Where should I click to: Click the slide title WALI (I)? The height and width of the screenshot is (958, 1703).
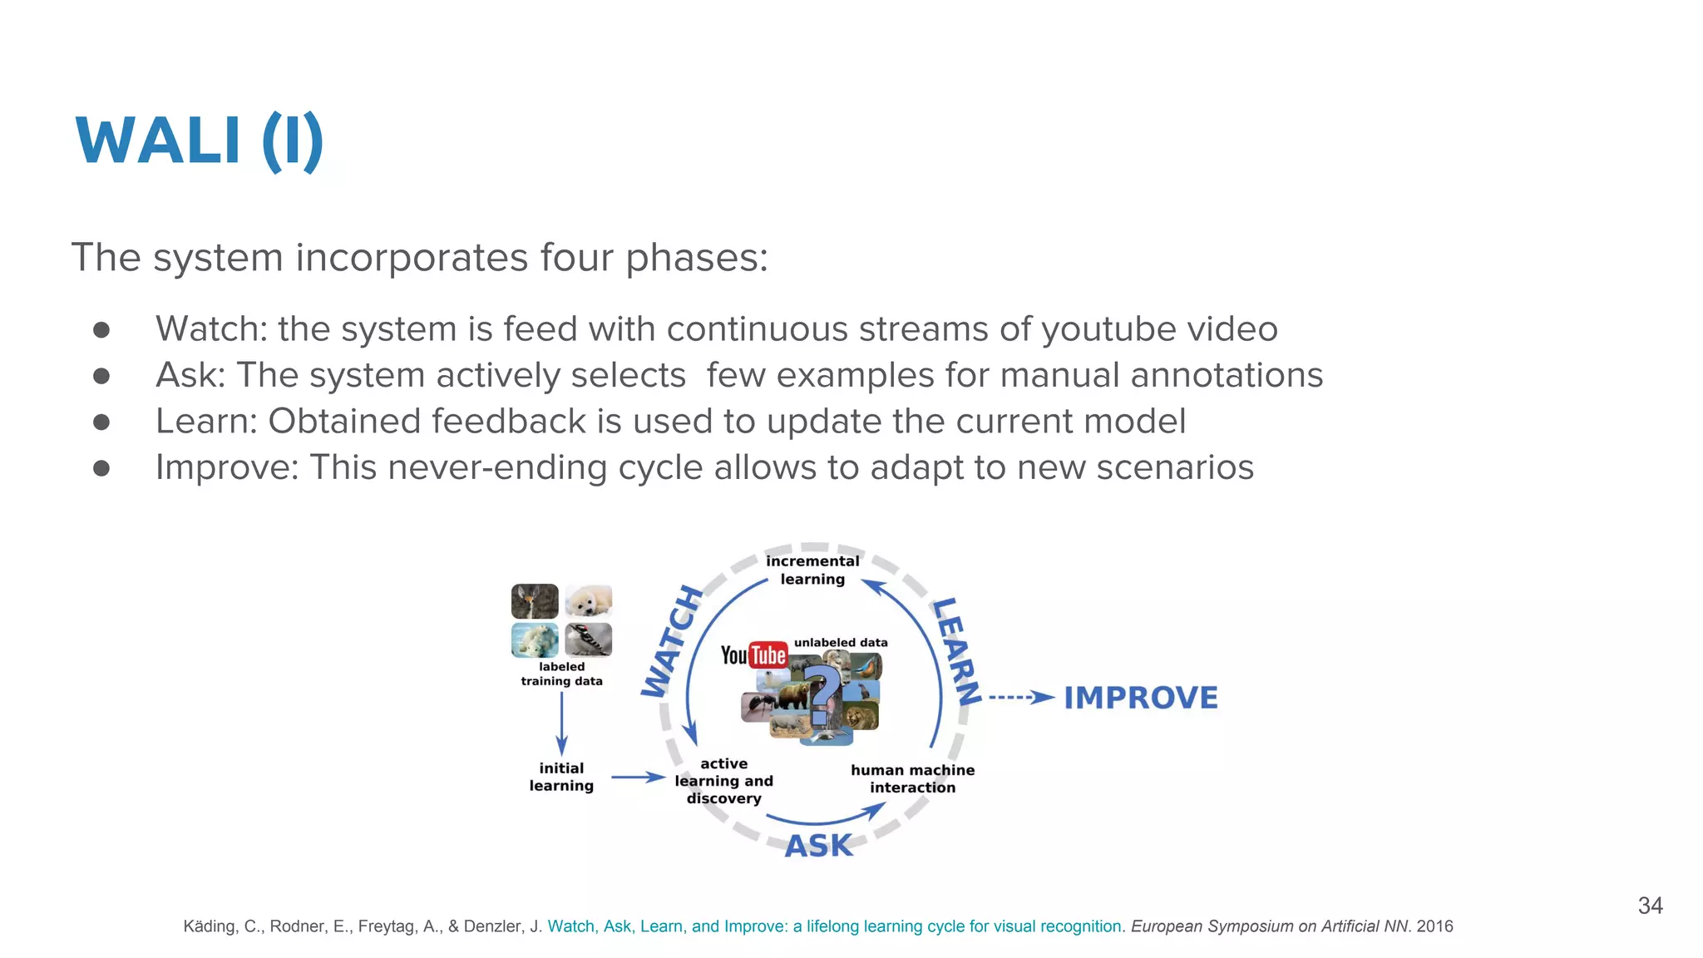coord(200,141)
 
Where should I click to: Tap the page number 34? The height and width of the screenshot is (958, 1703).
coord(1650,906)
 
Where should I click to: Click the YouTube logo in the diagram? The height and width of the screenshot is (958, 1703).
coord(753,655)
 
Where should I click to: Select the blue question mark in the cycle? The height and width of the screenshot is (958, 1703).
coord(823,695)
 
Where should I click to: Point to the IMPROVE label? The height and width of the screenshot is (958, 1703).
coord(1141,698)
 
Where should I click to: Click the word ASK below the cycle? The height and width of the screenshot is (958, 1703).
coord(819,846)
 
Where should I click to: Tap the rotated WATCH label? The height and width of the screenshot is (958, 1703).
coord(673,640)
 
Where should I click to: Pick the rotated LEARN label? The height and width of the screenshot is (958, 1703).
coord(957,650)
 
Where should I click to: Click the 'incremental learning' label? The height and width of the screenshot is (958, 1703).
coord(812,570)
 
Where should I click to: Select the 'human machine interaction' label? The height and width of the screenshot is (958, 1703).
coord(912,778)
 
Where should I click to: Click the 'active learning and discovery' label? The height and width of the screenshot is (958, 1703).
coord(723,781)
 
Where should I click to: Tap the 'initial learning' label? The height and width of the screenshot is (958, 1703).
coord(561,777)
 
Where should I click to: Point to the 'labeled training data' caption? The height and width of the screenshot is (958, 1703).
coord(561,674)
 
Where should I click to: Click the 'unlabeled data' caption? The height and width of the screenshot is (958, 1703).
coord(841,643)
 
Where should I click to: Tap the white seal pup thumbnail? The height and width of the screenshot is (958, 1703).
coord(589,600)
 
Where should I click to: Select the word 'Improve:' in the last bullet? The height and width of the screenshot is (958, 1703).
coord(227,467)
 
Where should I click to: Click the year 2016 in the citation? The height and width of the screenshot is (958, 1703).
coord(1434,926)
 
